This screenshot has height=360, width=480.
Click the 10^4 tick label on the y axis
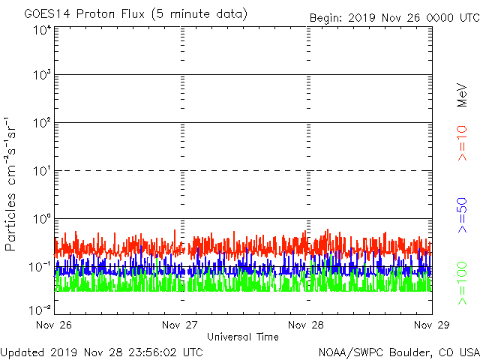click(x=42, y=31)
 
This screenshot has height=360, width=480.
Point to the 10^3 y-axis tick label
click(x=42, y=76)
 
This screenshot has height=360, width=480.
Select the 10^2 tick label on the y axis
click(x=42, y=124)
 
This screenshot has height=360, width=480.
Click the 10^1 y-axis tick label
click(x=42, y=172)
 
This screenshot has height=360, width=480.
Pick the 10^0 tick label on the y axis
click(x=42, y=220)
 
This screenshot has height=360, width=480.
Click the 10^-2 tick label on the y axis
click(x=40, y=310)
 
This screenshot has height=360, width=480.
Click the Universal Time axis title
click(x=243, y=337)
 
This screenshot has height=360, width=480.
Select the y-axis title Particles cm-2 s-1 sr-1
click(x=13, y=183)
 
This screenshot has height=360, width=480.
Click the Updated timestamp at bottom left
click(x=102, y=352)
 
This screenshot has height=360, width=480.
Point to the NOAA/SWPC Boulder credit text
click(x=398, y=352)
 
